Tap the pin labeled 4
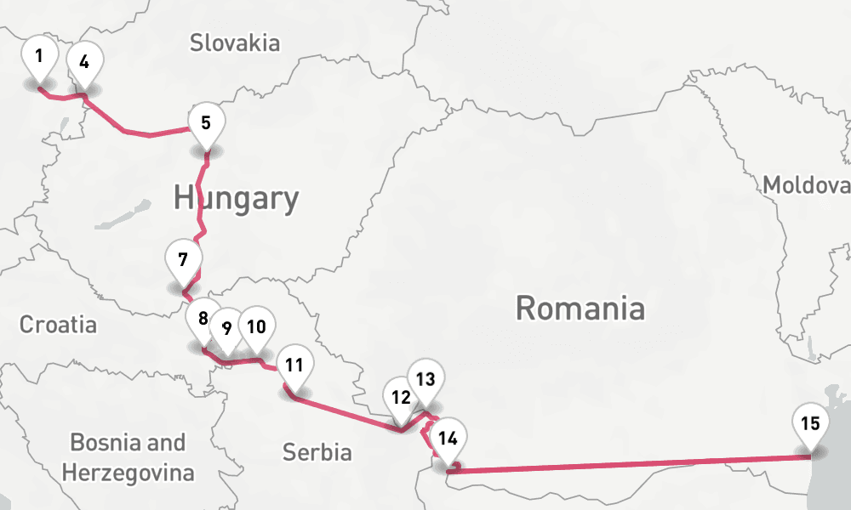(x=84, y=62)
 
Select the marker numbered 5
(x=206, y=124)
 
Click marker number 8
(x=203, y=320)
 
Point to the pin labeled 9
(x=226, y=327)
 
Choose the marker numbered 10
(x=256, y=326)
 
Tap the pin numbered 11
(x=294, y=366)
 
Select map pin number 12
(x=401, y=397)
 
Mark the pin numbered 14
(x=447, y=439)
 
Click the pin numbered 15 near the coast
(x=809, y=424)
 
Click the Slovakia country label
(x=235, y=42)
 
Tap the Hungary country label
(x=236, y=198)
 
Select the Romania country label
(x=580, y=308)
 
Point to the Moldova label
(x=805, y=184)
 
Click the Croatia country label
(x=58, y=324)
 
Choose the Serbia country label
(x=317, y=451)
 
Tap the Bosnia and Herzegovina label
(x=128, y=457)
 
